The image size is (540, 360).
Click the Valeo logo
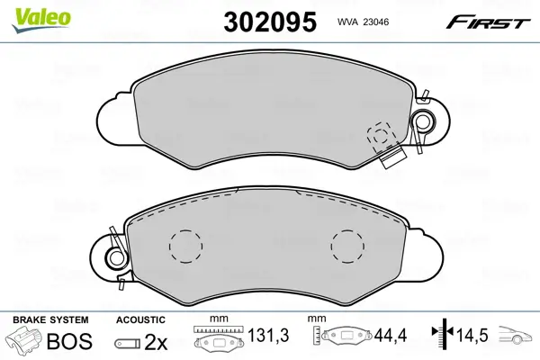41,20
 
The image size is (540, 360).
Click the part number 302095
270,22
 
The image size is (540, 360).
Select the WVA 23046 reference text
363,22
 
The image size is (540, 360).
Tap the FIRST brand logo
488,22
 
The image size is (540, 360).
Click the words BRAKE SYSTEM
50,319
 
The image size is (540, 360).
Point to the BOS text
69,341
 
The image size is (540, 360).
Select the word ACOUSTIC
140,319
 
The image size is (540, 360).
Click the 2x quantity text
156,342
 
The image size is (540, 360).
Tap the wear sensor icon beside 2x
127,343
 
